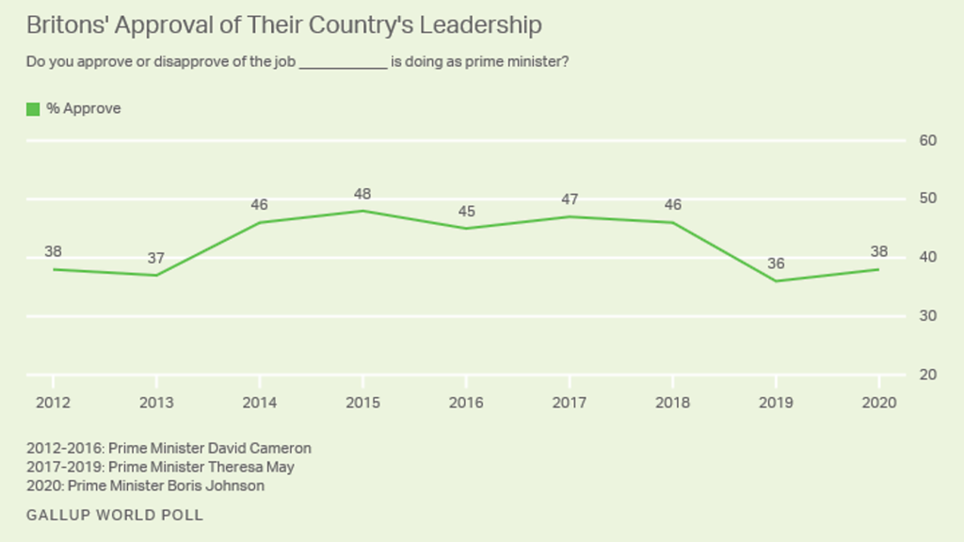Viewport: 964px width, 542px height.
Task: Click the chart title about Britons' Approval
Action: click(x=283, y=25)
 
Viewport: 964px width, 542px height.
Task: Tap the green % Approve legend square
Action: click(x=33, y=109)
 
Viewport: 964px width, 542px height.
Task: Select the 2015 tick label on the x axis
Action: click(x=362, y=403)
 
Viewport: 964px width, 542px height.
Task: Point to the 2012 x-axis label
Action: click(x=53, y=403)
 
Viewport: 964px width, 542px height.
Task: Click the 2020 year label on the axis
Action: click(x=878, y=403)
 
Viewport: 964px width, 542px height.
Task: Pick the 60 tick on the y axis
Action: click(x=927, y=140)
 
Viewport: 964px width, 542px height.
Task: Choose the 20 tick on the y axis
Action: click(x=927, y=375)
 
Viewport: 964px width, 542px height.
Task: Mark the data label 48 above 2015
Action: click(x=362, y=194)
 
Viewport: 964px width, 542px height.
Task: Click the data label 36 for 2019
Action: click(x=776, y=264)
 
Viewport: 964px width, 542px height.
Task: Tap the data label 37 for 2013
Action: click(x=156, y=259)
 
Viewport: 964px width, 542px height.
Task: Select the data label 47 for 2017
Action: click(x=569, y=199)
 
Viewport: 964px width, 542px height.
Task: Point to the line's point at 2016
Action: click(x=466, y=228)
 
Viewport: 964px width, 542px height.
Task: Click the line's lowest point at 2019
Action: click(x=776, y=280)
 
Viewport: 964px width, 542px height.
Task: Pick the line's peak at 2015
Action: click(x=362, y=211)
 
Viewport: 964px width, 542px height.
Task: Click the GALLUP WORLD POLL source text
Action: click(x=115, y=515)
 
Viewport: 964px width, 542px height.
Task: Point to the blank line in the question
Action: click(x=343, y=63)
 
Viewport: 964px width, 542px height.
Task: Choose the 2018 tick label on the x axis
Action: click(x=672, y=403)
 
